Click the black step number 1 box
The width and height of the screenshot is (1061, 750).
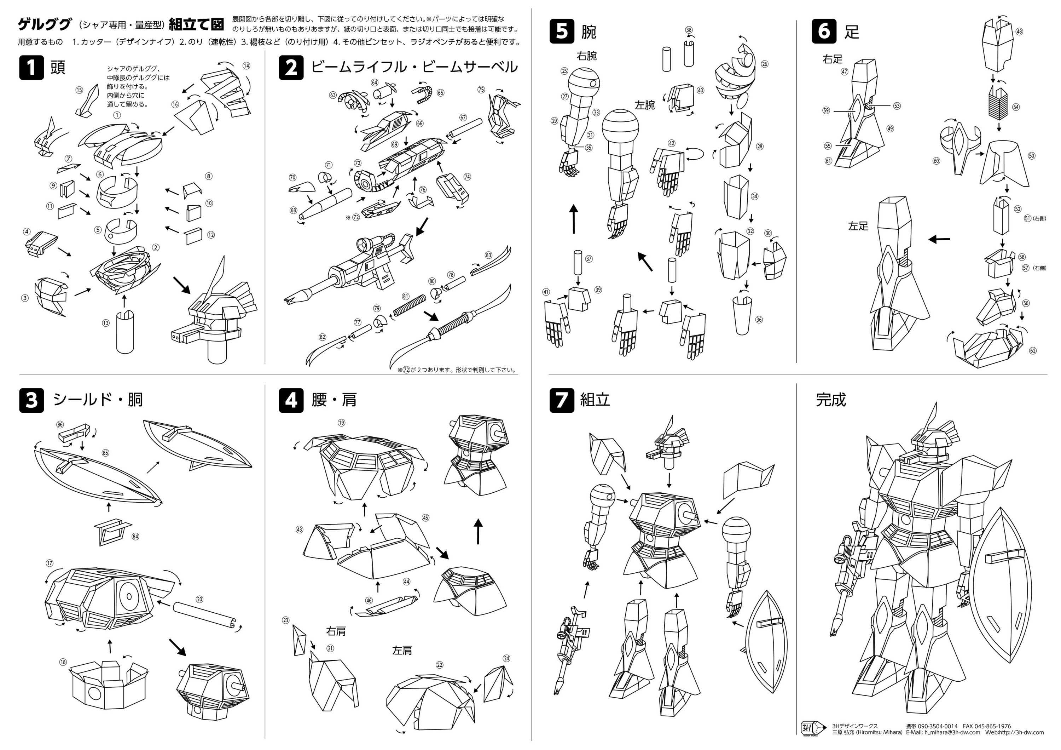click(x=31, y=68)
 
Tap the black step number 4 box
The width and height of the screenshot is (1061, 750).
click(x=291, y=400)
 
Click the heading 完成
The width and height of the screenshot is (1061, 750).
click(x=830, y=400)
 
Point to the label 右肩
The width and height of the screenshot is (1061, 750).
click(x=336, y=631)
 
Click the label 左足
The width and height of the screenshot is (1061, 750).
click(x=858, y=226)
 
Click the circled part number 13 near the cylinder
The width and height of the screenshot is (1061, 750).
click(x=106, y=323)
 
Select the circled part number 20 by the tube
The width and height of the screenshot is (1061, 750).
click(x=199, y=599)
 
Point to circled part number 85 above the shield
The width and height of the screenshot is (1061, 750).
click(x=105, y=453)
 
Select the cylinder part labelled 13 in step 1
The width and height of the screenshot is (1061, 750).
click(x=125, y=331)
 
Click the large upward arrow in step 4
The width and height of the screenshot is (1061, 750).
click(x=478, y=532)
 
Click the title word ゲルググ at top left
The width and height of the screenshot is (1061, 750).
click(x=45, y=24)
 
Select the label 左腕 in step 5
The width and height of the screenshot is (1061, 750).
click(x=645, y=105)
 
